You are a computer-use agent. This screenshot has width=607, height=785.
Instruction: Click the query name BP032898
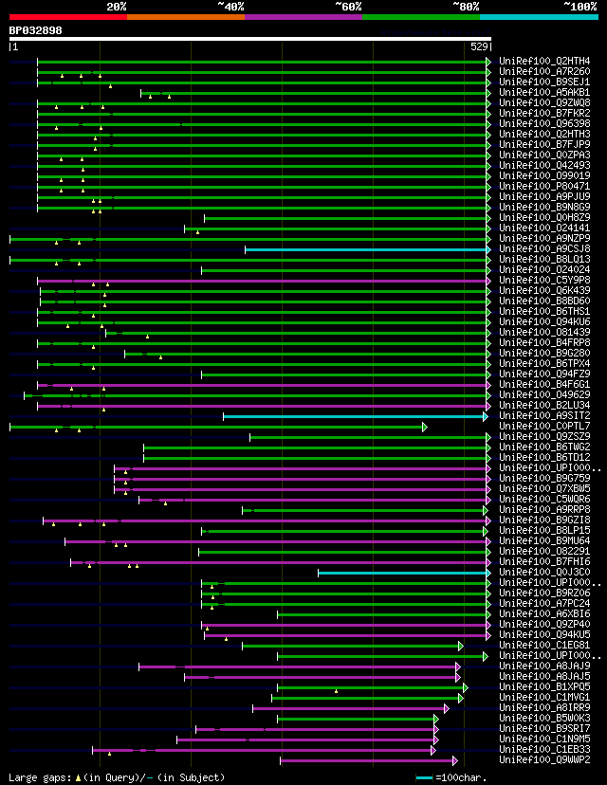click(x=35, y=30)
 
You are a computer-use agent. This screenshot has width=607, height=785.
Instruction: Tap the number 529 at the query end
click(x=479, y=46)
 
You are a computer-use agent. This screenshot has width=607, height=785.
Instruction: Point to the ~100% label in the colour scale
click(x=579, y=6)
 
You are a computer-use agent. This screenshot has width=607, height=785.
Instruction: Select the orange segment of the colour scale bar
click(x=185, y=17)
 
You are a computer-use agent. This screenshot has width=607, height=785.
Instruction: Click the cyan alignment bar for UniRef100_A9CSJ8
click(x=365, y=249)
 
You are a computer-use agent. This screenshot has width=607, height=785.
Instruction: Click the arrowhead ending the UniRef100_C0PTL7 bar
click(x=425, y=427)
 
